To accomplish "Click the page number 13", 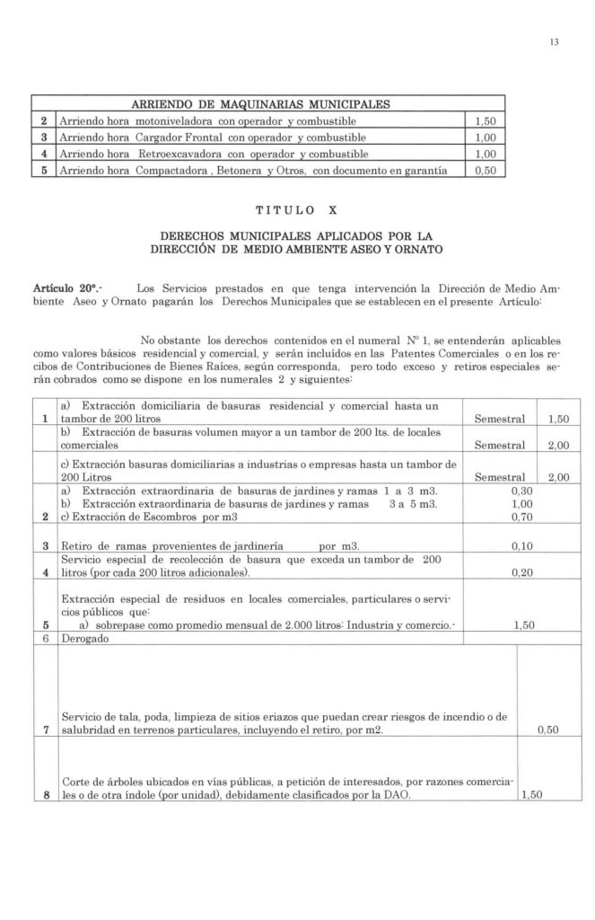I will (x=556, y=40).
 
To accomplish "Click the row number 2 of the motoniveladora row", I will (x=43, y=120).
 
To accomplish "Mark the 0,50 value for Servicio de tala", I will (x=547, y=730).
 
